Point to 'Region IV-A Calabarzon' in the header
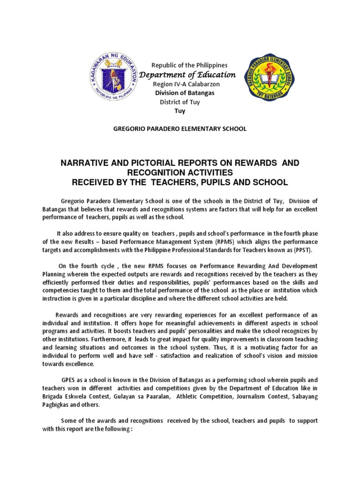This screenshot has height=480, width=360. pos(186,84)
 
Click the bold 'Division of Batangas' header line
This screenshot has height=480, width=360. pos(185,93)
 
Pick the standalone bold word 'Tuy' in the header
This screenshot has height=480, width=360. pos(180,111)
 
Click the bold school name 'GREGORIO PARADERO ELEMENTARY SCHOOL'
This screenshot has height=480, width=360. pos(180,128)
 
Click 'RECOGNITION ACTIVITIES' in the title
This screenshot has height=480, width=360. pos(180,172)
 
